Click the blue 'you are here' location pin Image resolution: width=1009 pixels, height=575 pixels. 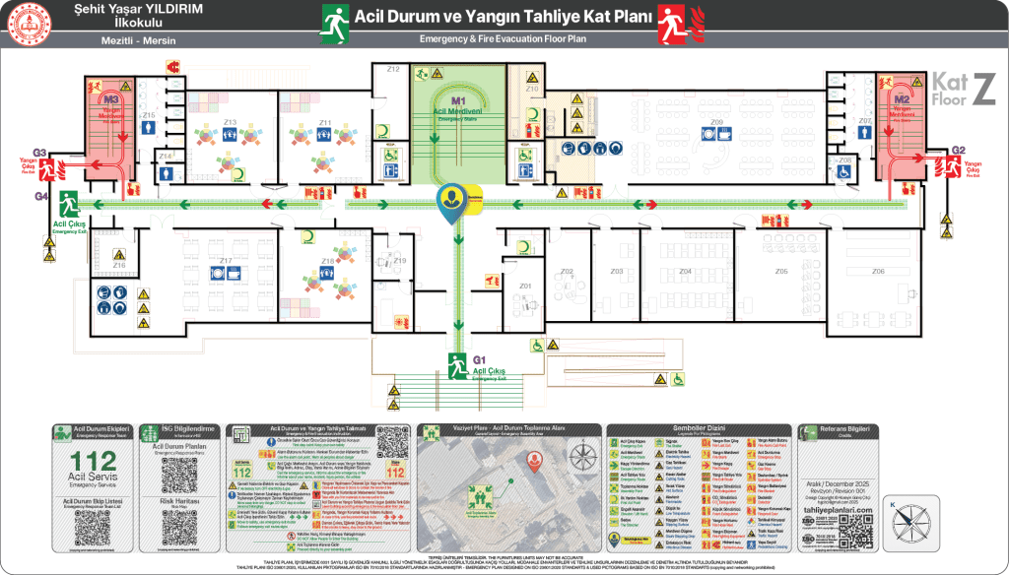pyautogui.click(x=452, y=202)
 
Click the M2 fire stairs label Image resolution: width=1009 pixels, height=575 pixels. pyautogui.click(x=902, y=99)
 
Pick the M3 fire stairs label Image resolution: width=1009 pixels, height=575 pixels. pyautogui.click(x=110, y=100)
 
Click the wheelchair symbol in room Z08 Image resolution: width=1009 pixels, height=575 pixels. pyautogui.click(x=843, y=172)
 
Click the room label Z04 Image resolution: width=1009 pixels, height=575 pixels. pyautogui.click(x=685, y=271)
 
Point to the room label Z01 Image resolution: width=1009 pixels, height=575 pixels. pyautogui.click(x=525, y=287)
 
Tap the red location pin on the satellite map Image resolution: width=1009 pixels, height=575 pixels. pyautogui.click(x=535, y=459)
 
